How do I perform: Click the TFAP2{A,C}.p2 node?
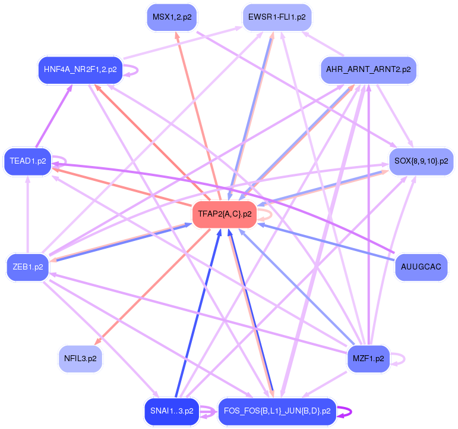[x=224, y=214]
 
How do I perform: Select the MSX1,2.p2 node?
[x=172, y=17]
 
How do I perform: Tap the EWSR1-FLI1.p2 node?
[x=277, y=17]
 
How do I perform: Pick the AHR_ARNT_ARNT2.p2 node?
[x=368, y=70]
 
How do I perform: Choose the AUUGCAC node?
[x=421, y=267]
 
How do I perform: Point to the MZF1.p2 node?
[x=368, y=359]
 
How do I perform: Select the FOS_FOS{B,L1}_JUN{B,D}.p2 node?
[x=277, y=411]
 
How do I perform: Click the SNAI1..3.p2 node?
[x=172, y=411]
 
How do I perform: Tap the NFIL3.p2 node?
[x=80, y=359]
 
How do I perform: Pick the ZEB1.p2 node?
[x=27, y=267]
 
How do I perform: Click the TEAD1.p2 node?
[x=27, y=161]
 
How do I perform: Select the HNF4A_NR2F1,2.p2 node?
[x=80, y=70]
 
